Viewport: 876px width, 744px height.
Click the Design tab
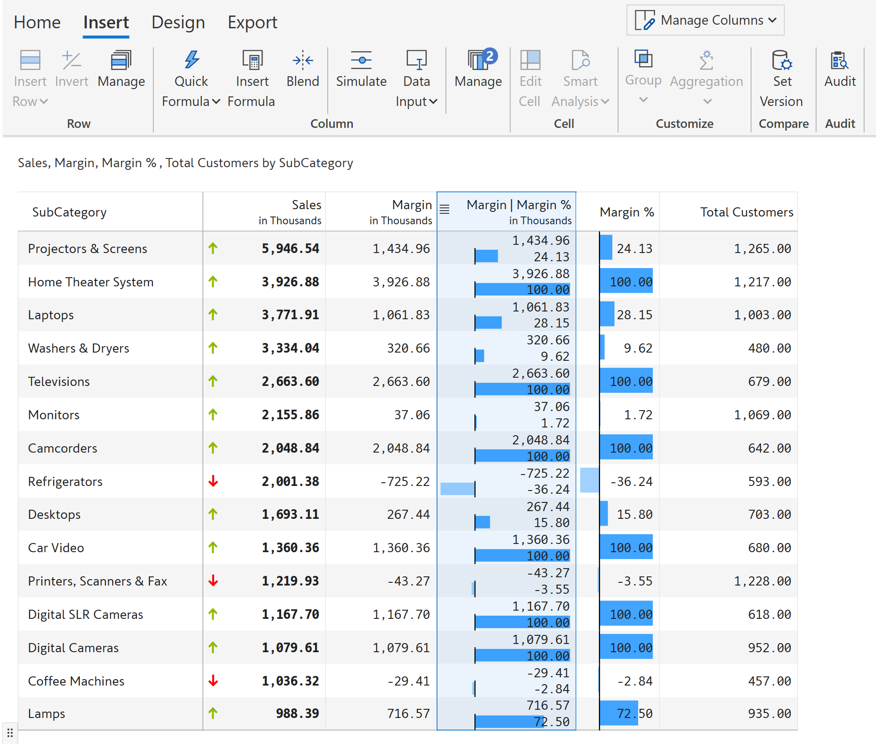coord(178,22)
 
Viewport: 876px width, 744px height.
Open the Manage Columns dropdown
coord(705,20)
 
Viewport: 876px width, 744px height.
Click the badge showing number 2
coord(490,56)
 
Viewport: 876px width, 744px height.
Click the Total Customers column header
coord(746,212)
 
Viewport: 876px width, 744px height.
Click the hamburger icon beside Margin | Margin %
coord(445,209)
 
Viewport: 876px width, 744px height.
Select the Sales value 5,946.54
coord(290,248)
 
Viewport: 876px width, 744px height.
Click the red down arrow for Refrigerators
coord(213,481)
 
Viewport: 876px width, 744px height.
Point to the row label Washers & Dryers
coord(79,348)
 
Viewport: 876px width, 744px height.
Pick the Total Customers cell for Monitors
coord(762,415)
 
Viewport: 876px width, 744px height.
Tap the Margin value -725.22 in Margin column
coord(405,481)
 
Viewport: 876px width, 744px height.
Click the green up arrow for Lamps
coord(213,713)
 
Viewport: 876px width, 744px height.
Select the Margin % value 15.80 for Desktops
coord(634,514)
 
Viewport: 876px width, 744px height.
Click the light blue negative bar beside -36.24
coord(589,480)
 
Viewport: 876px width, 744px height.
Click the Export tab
coord(252,22)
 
